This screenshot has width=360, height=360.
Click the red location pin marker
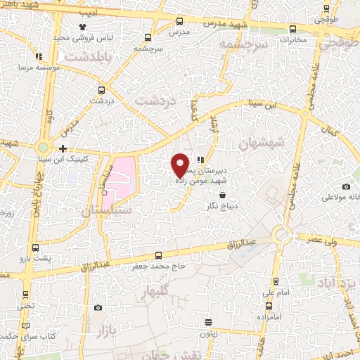[x=180, y=165]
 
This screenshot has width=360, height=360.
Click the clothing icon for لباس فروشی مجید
[x=72, y=27]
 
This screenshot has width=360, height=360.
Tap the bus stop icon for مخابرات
[x=292, y=29]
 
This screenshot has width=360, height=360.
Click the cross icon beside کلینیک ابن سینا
[x=63, y=148]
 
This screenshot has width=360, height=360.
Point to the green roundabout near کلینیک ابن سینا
[x=44, y=148]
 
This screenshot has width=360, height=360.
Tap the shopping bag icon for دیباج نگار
[x=223, y=195]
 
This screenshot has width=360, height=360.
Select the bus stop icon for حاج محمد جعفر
[x=158, y=256]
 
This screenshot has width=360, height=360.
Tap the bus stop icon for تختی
[x=26, y=295]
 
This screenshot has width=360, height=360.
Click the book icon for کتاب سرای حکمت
[x=26, y=325]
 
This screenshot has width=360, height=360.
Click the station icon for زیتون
[x=208, y=322]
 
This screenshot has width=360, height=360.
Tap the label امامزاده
[x=274, y=316]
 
